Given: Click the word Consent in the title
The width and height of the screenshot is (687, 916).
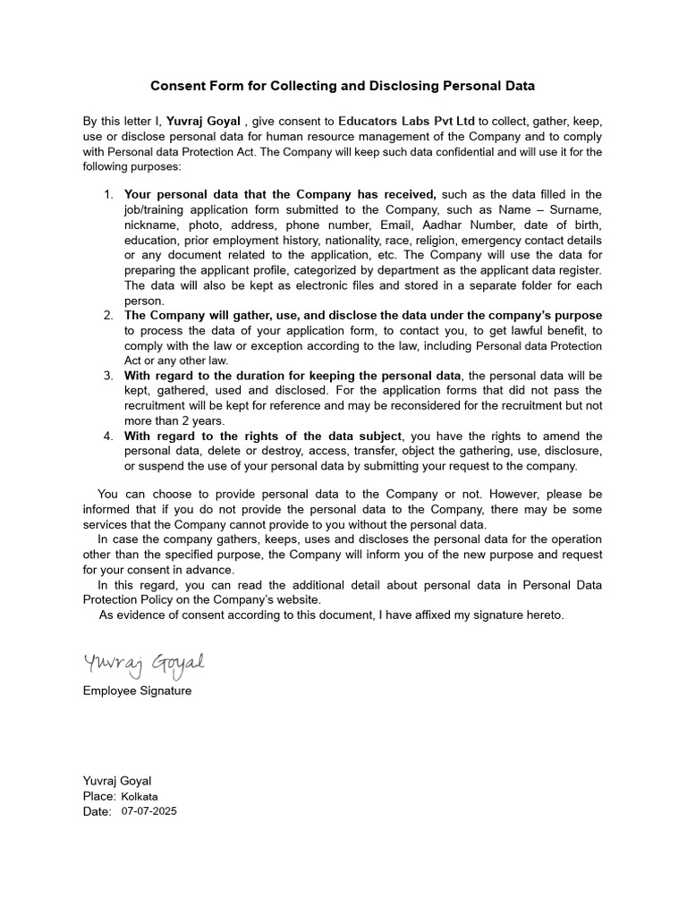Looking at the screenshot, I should pyautogui.click(x=177, y=86).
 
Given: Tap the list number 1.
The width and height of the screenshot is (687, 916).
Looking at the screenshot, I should pyautogui.click(x=107, y=194).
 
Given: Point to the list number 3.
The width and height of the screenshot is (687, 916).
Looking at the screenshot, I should pyautogui.click(x=107, y=375).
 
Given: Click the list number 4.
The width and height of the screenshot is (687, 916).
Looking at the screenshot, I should pyautogui.click(x=107, y=436).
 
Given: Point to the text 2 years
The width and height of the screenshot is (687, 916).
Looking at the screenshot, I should pyautogui.click(x=224, y=420).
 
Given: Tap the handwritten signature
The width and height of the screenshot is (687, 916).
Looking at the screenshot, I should pyautogui.click(x=145, y=664).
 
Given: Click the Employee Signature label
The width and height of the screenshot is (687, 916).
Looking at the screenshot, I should pyautogui.click(x=137, y=691).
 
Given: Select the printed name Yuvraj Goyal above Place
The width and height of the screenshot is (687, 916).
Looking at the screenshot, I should pyautogui.click(x=116, y=781).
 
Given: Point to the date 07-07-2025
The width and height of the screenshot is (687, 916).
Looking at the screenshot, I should pyautogui.click(x=150, y=811).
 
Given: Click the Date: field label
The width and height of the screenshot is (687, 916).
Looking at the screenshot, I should pyautogui.click(x=98, y=811).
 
